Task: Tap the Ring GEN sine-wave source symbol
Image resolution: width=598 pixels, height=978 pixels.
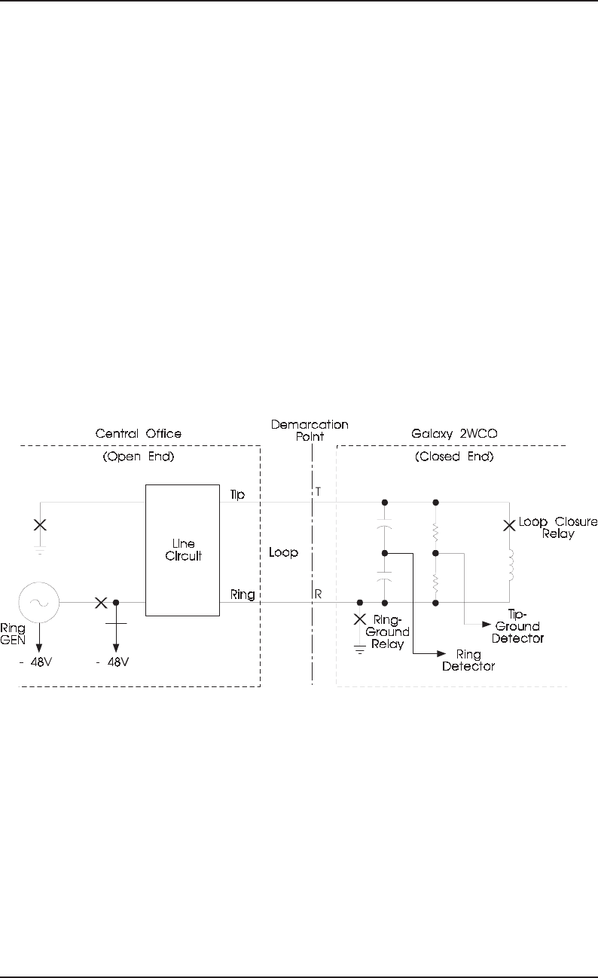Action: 35,603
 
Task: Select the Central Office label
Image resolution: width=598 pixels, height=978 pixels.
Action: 139,434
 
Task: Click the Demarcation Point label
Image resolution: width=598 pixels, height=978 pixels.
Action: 310,430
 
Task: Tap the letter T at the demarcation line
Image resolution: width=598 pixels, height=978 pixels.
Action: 318,491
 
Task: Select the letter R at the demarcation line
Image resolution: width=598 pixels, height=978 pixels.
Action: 318,594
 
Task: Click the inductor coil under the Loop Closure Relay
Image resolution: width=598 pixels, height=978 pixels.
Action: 510,565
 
